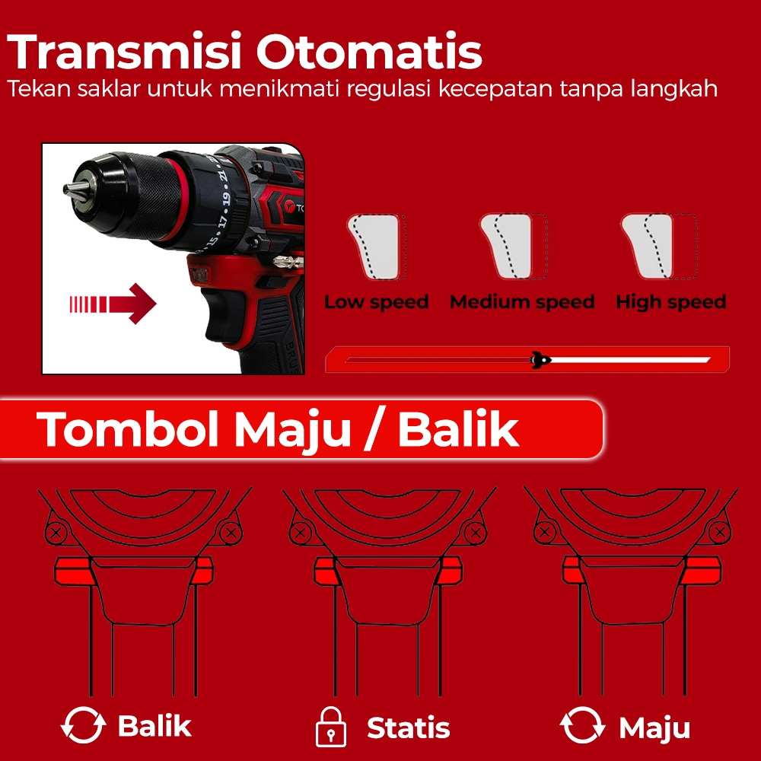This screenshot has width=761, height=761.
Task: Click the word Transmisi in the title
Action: [124, 51]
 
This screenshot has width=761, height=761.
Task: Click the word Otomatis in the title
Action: [369, 51]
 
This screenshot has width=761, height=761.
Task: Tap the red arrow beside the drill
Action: [113, 304]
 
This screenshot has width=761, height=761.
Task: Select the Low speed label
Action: [376, 302]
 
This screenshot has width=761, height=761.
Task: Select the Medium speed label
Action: [522, 302]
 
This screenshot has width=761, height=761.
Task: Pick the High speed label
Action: [670, 302]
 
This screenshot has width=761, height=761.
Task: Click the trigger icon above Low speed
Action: [376, 247]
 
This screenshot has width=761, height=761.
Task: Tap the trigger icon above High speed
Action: [658, 247]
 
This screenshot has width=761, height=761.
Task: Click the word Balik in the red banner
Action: [458, 429]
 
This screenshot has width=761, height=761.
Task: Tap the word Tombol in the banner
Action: [127, 429]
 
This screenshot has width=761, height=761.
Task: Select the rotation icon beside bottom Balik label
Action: [83, 725]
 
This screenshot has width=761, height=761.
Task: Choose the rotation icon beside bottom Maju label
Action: [582, 725]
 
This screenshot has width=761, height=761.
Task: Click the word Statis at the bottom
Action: [408, 728]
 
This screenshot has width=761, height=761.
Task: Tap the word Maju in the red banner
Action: [293, 430]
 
